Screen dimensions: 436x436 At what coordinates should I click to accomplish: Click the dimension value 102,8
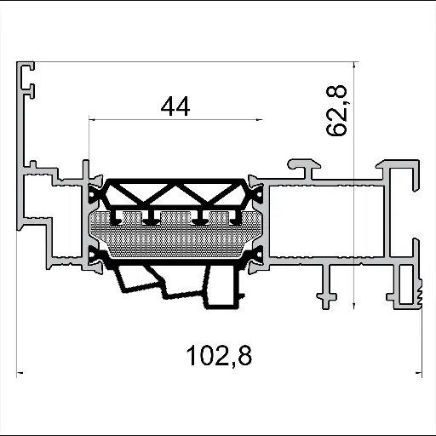[x=219, y=353]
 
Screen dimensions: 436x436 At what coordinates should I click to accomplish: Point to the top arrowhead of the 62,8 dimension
[x=352, y=66]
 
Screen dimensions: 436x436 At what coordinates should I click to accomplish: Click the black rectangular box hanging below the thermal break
[x=223, y=290]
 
